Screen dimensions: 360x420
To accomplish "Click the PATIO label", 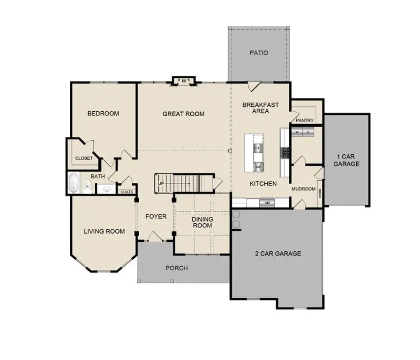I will [259, 53].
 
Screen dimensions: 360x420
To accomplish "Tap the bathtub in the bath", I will [74, 184].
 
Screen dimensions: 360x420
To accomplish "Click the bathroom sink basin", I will [107, 189].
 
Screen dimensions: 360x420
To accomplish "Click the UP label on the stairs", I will [161, 183].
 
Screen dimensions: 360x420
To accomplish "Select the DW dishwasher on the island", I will [258, 166].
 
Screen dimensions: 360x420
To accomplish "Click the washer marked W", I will [297, 132].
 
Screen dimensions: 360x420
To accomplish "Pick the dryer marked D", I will [308, 132].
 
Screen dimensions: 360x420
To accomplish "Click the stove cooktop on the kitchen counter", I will [285, 151].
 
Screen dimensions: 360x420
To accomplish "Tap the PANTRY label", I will [305, 120].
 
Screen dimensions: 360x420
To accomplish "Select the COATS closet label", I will [127, 192].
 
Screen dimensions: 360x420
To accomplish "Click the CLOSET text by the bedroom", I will [84, 158].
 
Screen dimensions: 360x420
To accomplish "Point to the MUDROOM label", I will [303, 189].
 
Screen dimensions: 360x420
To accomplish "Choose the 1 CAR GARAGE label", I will [347, 160].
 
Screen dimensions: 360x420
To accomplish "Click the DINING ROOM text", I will [202, 222].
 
